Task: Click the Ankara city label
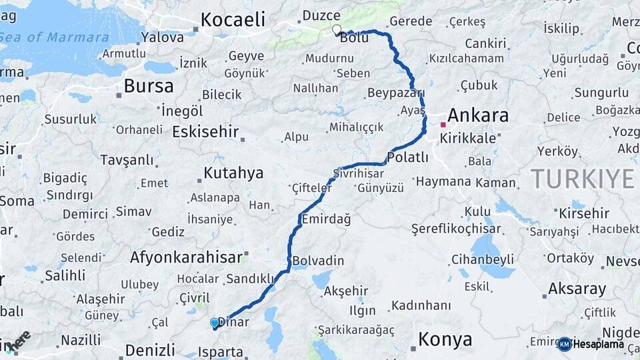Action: (478, 115)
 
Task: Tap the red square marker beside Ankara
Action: (443, 125)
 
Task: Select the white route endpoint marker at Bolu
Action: (337, 29)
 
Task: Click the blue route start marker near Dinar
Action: (215, 323)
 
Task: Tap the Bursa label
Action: (149, 86)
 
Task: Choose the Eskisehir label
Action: (205, 131)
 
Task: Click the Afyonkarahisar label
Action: (185, 257)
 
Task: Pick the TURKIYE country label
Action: (583, 179)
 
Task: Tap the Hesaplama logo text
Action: (598, 344)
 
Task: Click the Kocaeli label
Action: (233, 20)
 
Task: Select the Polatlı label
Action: (407, 157)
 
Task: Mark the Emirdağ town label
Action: (326, 219)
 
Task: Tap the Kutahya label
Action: (233, 173)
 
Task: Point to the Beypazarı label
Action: (395, 93)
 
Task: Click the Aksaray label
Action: (577, 289)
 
